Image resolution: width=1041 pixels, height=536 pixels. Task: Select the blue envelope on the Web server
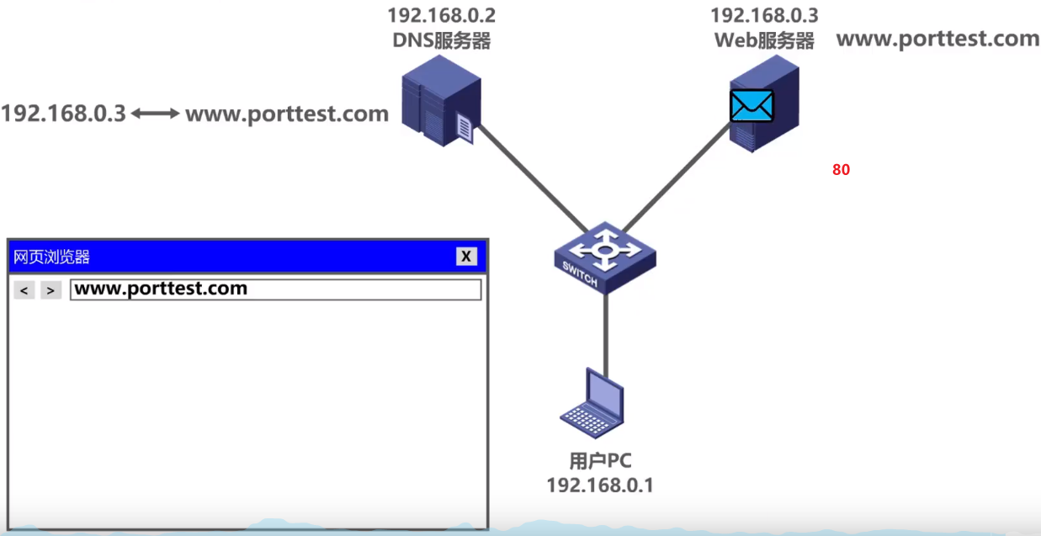point(751,106)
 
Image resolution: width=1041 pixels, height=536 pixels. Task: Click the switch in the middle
point(604,257)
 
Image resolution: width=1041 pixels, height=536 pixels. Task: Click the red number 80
point(841,169)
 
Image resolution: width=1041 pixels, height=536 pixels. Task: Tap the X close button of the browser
point(466,257)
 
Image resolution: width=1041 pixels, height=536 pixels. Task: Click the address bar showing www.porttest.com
point(275,289)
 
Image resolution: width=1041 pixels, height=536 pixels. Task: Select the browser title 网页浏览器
point(52,257)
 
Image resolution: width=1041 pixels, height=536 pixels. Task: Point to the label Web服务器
point(764,40)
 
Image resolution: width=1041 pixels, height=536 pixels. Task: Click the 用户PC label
point(600,461)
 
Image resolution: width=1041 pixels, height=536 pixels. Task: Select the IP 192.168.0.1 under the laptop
point(600,486)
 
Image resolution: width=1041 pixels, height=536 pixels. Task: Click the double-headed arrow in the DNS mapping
point(156,113)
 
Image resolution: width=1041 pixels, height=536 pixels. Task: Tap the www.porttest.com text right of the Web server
point(937,39)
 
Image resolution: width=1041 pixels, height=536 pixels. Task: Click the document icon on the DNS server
point(464,129)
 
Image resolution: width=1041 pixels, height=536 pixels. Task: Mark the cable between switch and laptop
point(605,332)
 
